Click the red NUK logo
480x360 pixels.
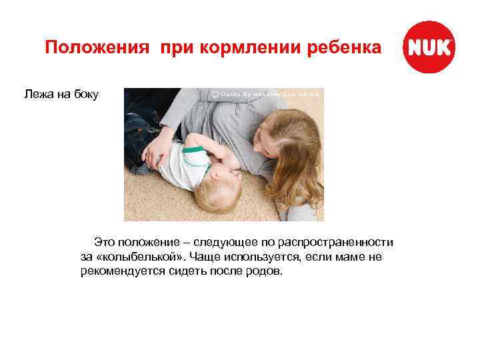click(429, 47)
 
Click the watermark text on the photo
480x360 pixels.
click(267, 95)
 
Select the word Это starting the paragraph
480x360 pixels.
click(105, 241)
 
